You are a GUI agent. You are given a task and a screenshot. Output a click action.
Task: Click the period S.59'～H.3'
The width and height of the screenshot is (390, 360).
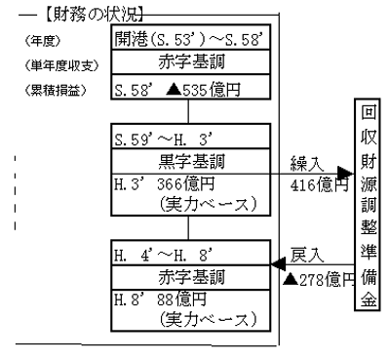click(156, 133)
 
